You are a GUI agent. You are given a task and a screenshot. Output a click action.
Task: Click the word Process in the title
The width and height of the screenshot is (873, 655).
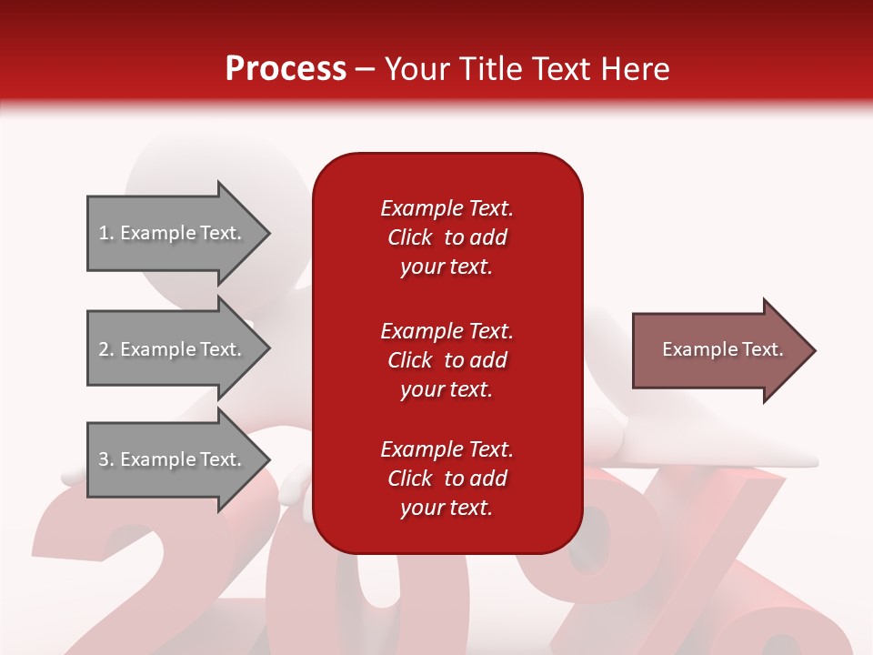[286, 68]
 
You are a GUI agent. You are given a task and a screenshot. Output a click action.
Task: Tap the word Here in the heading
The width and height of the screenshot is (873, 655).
[636, 68]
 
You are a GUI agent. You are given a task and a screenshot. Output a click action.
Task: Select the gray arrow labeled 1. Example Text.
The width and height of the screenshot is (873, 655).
[178, 234]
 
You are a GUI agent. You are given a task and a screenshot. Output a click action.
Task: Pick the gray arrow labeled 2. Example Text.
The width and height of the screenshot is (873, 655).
[178, 349]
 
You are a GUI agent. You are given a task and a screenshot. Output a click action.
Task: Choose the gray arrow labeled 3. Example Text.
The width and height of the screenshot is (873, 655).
[178, 459]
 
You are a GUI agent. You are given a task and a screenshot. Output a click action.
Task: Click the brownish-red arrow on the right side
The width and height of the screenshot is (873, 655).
[724, 350]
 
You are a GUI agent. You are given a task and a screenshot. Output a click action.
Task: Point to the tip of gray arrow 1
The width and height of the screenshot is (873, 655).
[270, 234]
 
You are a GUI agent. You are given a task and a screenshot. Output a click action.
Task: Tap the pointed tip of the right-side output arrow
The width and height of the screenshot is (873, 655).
[816, 350]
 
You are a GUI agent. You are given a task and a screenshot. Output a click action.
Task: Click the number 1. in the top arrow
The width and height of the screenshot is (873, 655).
[106, 233]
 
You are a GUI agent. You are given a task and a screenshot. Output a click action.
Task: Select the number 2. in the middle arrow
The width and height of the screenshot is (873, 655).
[106, 349]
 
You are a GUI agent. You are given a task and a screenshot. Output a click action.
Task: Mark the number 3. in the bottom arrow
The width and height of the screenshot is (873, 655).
[106, 458]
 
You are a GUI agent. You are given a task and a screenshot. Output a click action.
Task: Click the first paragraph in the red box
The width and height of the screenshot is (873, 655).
[447, 237]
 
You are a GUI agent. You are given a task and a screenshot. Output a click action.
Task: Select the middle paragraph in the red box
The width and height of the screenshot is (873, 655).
[447, 360]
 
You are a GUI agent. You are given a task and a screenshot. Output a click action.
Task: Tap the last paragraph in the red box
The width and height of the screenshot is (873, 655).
[447, 479]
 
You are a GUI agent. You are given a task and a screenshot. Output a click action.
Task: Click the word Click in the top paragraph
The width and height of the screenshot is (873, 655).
[410, 237]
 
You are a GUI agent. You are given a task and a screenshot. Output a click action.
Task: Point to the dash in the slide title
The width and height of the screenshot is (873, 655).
[365, 70]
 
